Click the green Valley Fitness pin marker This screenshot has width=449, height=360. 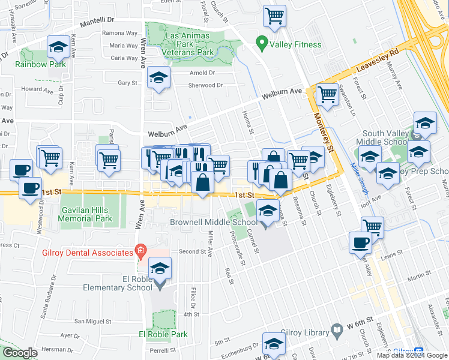pyautogui.click(x=261, y=44)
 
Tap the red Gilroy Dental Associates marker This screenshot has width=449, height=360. pyautogui.click(x=140, y=250)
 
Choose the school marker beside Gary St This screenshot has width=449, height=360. pyautogui.click(x=159, y=77)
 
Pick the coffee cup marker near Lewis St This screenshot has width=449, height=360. pyautogui.click(x=360, y=242)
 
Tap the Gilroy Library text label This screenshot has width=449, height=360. pyautogui.click(x=307, y=332)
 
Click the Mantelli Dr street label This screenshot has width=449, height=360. pyautogui.click(x=98, y=21)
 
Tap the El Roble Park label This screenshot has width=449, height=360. pyautogui.click(x=163, y=334)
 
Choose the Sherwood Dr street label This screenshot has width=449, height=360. pyautogui.click(x=205, y=85)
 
